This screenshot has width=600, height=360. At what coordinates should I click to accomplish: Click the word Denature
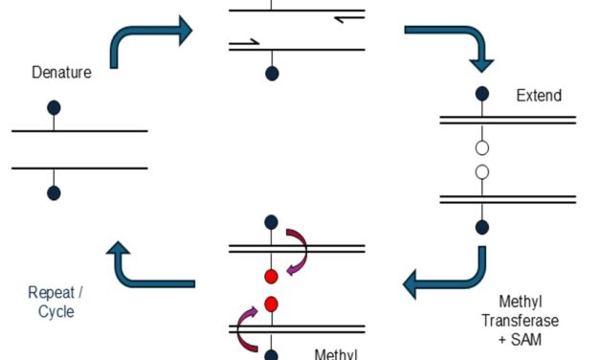[62, 73]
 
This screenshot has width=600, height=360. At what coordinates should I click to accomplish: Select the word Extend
[539, 96]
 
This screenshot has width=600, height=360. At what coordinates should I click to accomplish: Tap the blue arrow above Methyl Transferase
[450, 274]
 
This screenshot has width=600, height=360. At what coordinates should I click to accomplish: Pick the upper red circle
[271, 277]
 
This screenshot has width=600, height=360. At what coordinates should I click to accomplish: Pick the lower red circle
[271, 305]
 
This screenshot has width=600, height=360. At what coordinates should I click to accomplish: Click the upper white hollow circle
[482, 147]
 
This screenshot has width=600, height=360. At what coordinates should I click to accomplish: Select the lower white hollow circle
[482, 172]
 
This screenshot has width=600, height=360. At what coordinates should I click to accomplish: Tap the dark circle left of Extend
[482, 94]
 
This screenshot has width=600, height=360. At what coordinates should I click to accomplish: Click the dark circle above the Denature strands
[55, 106]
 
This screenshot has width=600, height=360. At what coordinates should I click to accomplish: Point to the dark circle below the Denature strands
[55, 192]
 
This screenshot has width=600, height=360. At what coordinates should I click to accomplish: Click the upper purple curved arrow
[300, 250]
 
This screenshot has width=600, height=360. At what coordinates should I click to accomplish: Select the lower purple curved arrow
[247, 328]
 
